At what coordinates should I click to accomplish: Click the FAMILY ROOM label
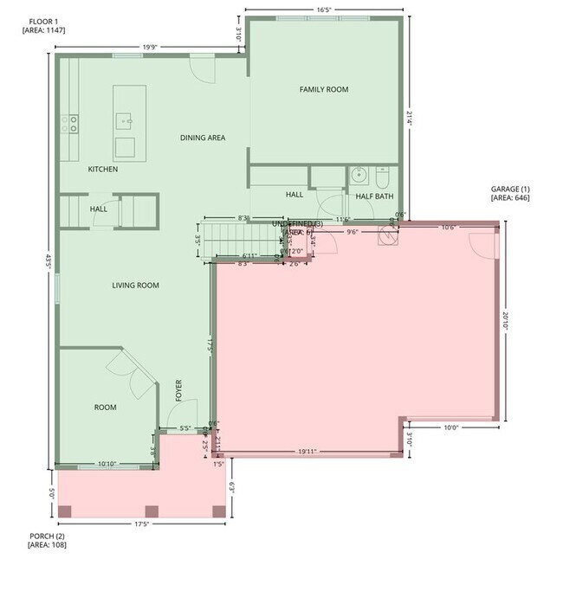pos(324,89)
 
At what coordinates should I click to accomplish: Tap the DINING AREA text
pos(203,138)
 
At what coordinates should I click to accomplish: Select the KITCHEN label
pos(103,169)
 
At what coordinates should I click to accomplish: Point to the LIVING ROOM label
pos(135,285)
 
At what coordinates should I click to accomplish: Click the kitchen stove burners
pos(69,125)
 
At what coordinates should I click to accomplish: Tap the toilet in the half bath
pos(385,177)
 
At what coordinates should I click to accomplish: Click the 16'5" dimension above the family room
pos(324,10)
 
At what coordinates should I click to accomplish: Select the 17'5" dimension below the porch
pos(143,524)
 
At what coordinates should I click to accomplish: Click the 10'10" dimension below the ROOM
pos(107,465)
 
